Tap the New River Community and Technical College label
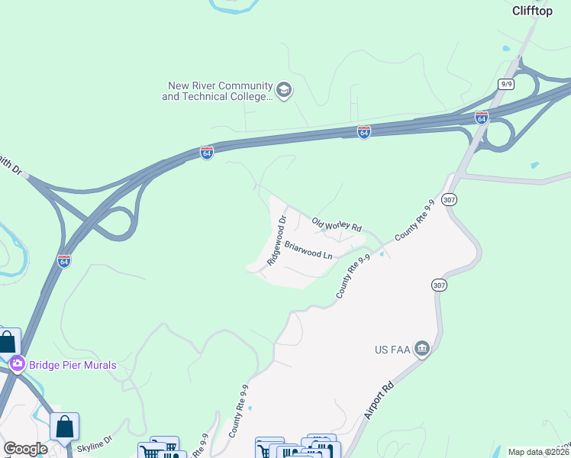[218, 92]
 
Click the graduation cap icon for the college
[284, 91]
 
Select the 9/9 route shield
[505, 82]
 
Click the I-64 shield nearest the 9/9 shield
[481, 118]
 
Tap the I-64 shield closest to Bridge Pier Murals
[64, 261]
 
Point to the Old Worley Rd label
[336, 225]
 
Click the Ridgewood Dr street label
[276, 240]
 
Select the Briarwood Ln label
[309, 253]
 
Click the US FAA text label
[392, 350]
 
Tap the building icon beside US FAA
[422, 350]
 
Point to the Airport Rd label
[379, 399]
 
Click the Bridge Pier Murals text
[73, 365]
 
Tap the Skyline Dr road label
[95, 440]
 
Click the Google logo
[25, 449]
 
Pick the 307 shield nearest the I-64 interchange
[450, 199]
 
